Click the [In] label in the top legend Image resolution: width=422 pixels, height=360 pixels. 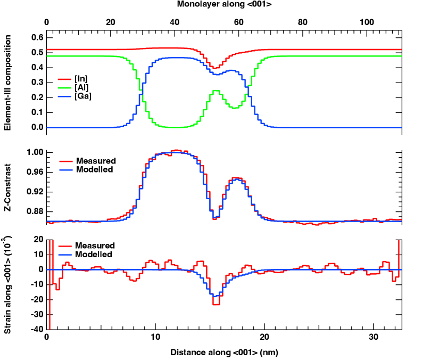tap(81, 79)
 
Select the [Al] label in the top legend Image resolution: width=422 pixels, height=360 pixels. tap(81, 87)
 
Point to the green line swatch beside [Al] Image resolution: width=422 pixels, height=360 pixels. tap(64, 87)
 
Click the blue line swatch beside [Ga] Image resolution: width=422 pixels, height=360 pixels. tap(64, 96)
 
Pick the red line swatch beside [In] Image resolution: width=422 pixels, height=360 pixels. tap(64, 79)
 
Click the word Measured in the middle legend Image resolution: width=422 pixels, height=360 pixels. tap(96, 161)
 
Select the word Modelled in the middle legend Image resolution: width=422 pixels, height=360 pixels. tap(95, 170)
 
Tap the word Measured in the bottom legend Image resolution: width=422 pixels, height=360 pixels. tap(95, 246)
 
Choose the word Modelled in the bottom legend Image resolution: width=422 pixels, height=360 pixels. tap(94, 255)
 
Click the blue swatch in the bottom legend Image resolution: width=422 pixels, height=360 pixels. tap(65, 255)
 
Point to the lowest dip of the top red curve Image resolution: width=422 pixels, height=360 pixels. tap(216, 68)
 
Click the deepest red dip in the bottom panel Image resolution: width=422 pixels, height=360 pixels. tap(216, 304)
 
